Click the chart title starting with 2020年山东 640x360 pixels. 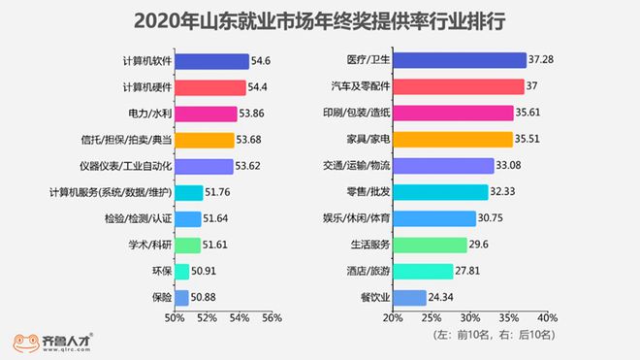click(320, 20)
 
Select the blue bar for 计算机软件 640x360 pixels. click(211, 61)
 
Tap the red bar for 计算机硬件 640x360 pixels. click(210, 87)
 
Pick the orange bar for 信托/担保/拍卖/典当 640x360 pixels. click(205, 140)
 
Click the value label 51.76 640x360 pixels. click(222, 192)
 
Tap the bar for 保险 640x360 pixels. click(181, 297)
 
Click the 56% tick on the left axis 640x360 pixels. click(272, 317)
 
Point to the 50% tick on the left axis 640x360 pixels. click(175, 317)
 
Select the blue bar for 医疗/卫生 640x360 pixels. click(458, 61)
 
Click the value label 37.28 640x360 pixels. click(542, 61)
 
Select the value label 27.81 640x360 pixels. click(470, 271)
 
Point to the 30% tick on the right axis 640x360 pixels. click(469, 317)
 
